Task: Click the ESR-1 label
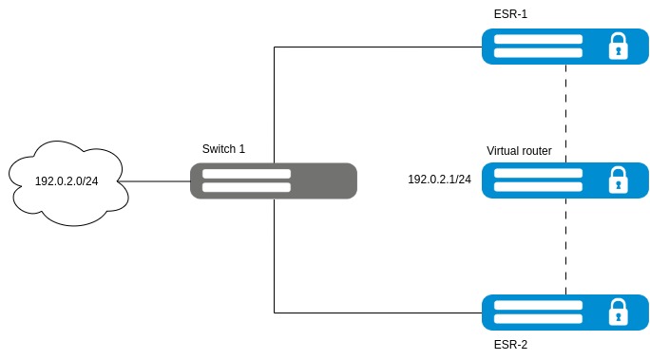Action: (510, 14)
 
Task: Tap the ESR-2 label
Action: (510, 345)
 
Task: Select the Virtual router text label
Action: (519, 151)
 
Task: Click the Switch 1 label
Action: (223, 149)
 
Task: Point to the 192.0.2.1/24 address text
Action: (439, 180)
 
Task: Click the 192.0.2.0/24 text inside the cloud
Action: (67, 181)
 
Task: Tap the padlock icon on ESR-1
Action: (618, 47)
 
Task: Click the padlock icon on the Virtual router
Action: (618, 180)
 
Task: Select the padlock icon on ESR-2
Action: (618, 312)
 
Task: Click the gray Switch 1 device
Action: (274, 181)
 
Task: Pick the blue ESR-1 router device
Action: (565, 47)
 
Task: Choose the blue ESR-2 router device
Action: (565, 313)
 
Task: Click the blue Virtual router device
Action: (565, 180)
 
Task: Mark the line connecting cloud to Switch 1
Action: (154, 181)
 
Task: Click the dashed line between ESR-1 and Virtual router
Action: (565, 114)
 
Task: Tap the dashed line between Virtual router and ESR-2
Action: (565, 246)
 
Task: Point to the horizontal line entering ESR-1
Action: (378, 47)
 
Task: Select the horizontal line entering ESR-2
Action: (378, 313)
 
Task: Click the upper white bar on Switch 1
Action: (246, 174)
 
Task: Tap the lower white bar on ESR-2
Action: (538, 319)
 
